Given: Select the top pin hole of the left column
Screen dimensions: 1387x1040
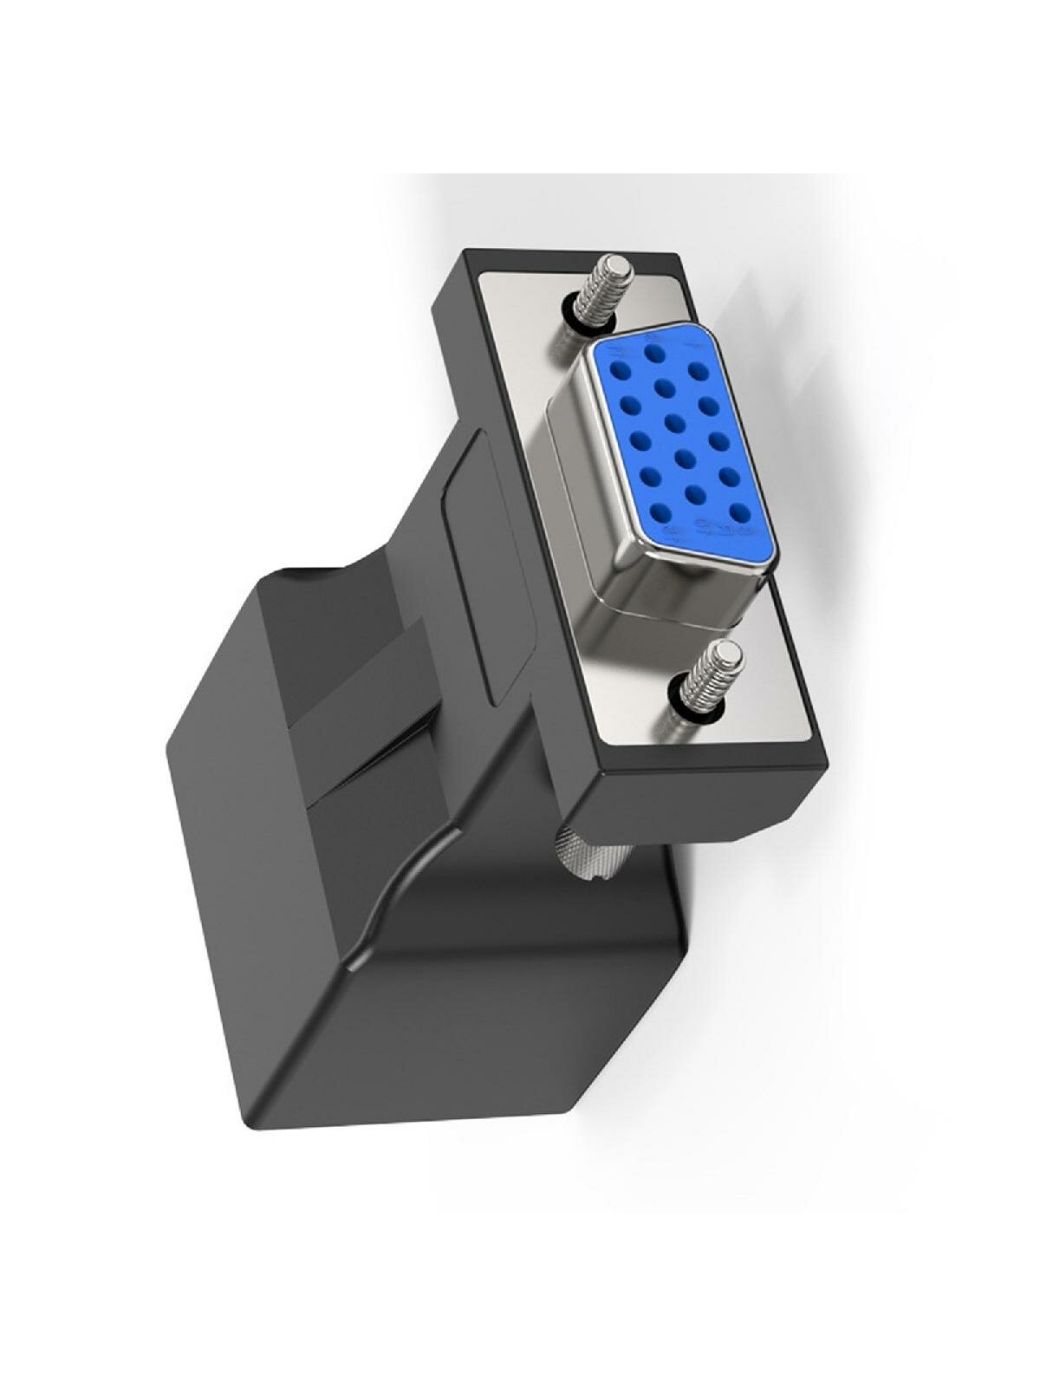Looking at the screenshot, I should click(620, 371).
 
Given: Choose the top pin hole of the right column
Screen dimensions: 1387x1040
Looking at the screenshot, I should click(699, 371).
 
